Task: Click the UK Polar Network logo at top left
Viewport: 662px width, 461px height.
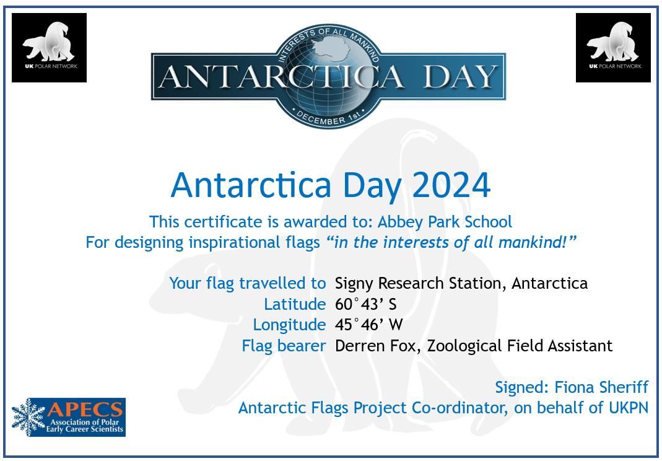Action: pos(49,48)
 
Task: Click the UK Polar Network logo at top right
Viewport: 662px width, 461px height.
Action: pos(613,48)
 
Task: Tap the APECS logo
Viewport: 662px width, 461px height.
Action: pos(69,417)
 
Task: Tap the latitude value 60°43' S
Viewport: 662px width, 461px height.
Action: pos(365,304)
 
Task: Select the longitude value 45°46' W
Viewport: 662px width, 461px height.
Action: pos(368,325)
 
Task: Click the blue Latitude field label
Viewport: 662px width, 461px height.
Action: pos(295,304)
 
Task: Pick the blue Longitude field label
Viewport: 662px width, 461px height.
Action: pos(289,325)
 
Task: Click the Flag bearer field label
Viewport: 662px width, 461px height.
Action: pos(284,346)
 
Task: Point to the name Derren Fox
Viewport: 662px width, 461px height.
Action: pos(376,346)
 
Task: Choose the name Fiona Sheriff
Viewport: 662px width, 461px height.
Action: pos(601,387)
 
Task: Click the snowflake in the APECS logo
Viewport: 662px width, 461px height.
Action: pos(28,417)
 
